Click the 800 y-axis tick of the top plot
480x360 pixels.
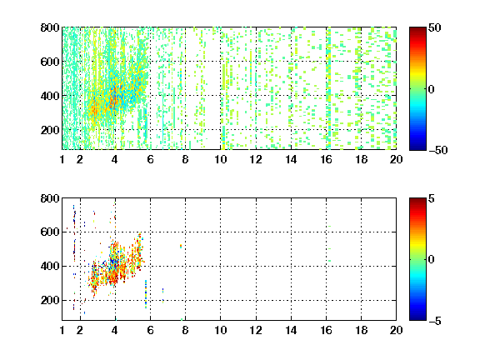50,27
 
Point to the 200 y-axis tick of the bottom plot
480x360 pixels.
50,300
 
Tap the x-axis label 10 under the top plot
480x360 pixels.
220,159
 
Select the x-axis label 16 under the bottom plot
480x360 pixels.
327,330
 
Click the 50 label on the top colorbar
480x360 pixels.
435,27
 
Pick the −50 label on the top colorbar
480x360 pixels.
438,150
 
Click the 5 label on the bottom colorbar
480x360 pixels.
432,198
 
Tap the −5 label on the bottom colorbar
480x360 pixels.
435,321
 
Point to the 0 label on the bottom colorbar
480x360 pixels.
432,260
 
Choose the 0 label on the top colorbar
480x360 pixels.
432,89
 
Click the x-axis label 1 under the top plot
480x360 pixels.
62,159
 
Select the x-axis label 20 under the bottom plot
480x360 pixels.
396,330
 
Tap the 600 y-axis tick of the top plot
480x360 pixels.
50,62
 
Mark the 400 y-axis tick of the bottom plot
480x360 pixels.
50,266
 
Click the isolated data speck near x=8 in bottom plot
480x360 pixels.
181,246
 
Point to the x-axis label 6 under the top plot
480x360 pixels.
150,159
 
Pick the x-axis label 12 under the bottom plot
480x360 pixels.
256,330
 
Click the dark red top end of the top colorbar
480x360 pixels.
417,29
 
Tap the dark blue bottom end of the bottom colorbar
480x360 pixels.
417,318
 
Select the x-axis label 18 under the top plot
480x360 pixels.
361,159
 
